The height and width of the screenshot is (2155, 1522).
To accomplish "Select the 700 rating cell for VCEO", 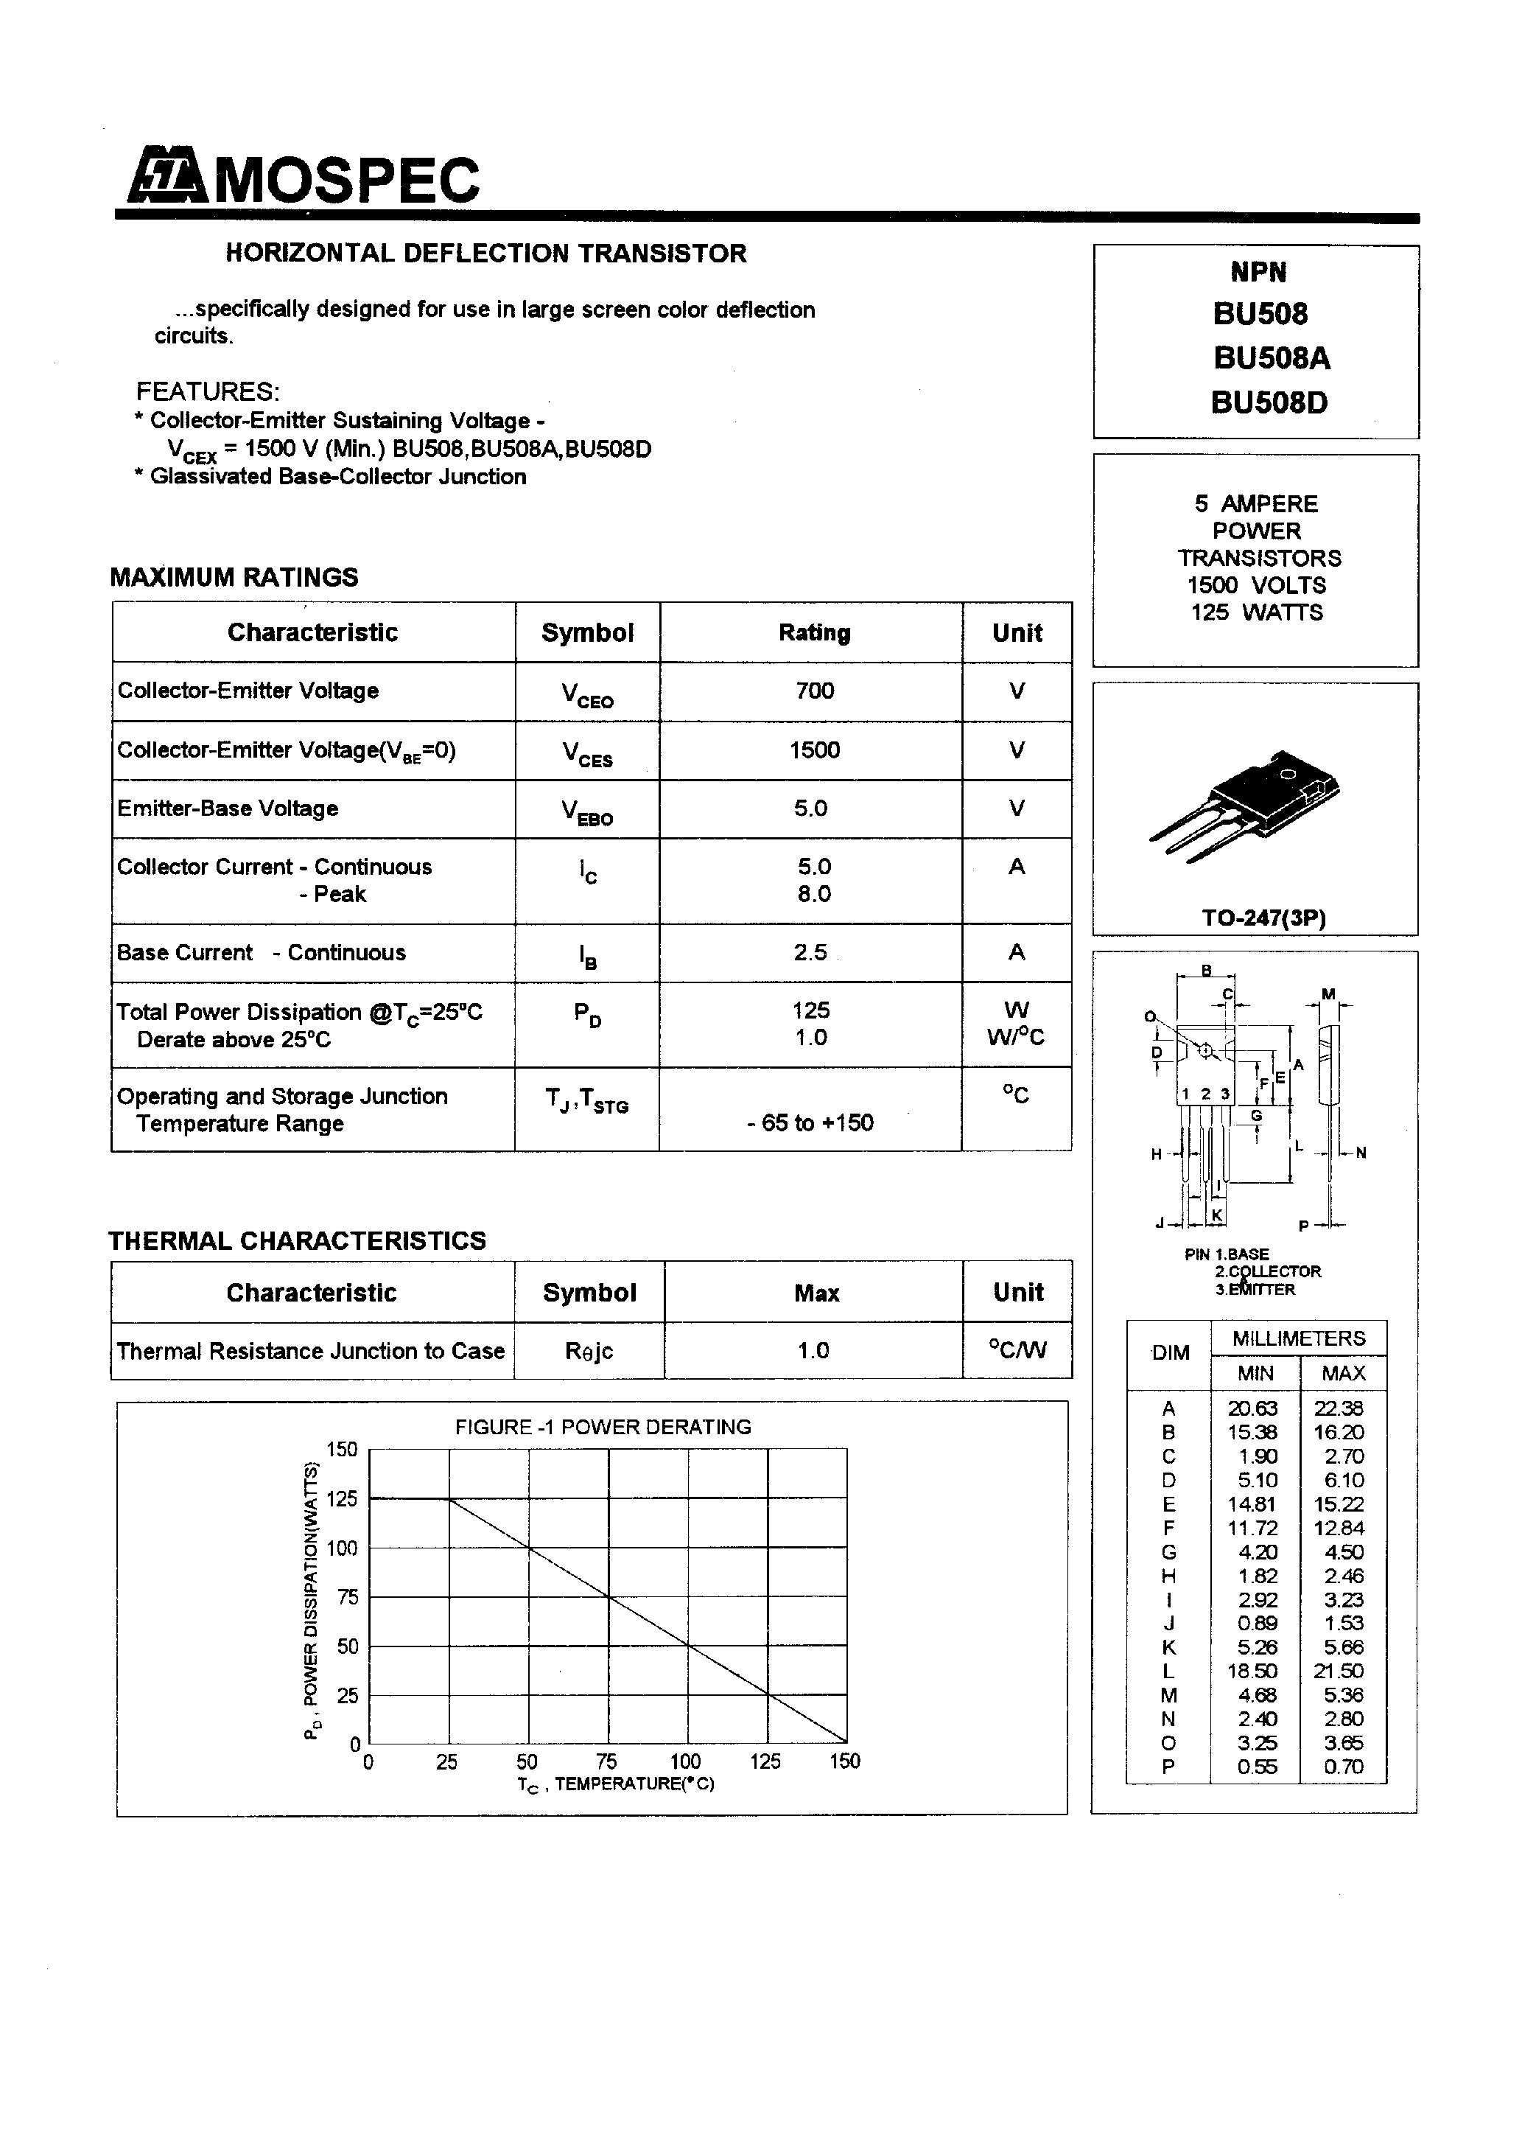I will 813,691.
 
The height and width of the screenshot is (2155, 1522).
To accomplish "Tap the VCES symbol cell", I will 587,752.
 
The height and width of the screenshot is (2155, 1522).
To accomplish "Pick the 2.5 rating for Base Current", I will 810,953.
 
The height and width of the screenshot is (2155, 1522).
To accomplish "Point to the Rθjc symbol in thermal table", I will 589,1351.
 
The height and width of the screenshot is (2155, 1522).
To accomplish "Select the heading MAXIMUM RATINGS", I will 234,577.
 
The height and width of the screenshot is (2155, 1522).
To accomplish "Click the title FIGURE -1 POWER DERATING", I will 603,1427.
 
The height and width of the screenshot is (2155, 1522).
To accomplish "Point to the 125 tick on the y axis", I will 342,1499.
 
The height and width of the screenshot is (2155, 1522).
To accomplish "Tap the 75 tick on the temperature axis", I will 606,1761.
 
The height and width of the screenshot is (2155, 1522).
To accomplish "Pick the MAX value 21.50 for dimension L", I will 1339,1671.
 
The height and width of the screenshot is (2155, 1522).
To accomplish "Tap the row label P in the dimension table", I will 1168,1767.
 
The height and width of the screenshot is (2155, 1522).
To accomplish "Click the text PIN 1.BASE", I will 1227,1254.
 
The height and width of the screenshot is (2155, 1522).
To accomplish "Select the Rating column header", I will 813,632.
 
